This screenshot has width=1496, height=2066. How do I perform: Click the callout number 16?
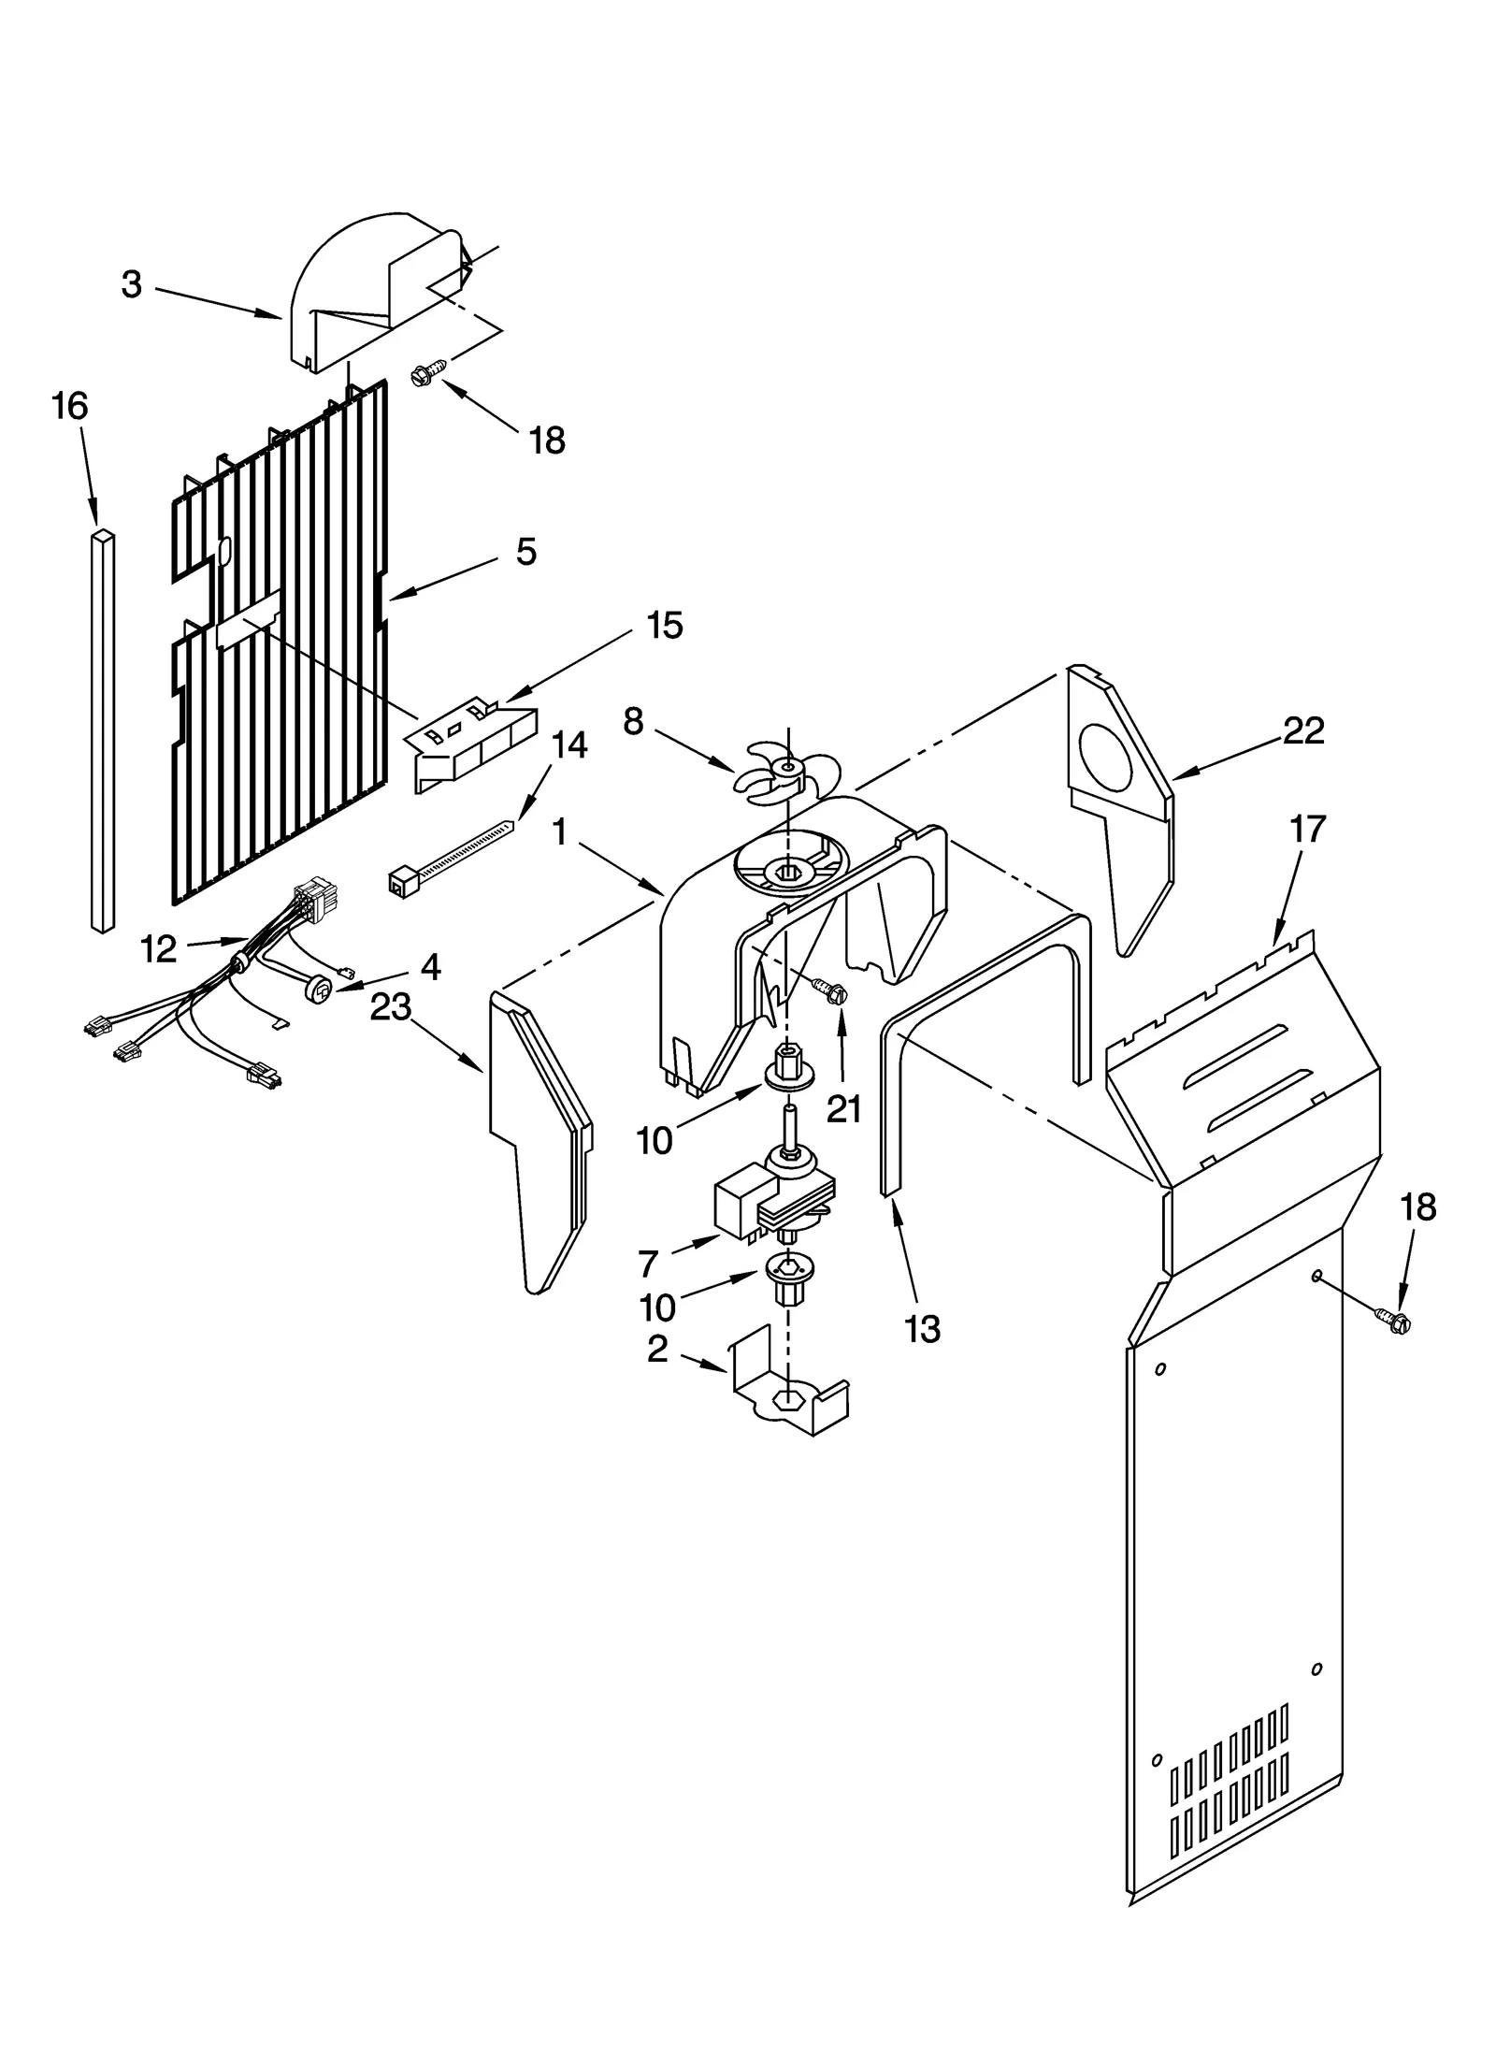click(69, 407)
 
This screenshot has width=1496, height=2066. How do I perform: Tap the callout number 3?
click(132, 284)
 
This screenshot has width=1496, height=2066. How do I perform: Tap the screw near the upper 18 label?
click(423, 376)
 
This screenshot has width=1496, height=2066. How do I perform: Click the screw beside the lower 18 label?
click(1395, 1322)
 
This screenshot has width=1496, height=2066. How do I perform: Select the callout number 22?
click(1303, 730)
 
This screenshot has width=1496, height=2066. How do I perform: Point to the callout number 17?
click(1307, 829)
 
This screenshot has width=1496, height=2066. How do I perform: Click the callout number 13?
click(923, 1328)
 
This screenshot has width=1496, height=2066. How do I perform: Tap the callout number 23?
click(391, 1007)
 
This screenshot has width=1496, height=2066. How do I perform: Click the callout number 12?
click(158, 949)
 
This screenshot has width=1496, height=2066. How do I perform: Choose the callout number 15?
click(664, 625)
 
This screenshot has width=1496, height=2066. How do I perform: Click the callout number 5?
click(526, 552)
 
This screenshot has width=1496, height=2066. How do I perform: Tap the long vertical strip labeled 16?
click(103, 730)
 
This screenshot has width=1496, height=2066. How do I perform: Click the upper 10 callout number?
click(654, 1140)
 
